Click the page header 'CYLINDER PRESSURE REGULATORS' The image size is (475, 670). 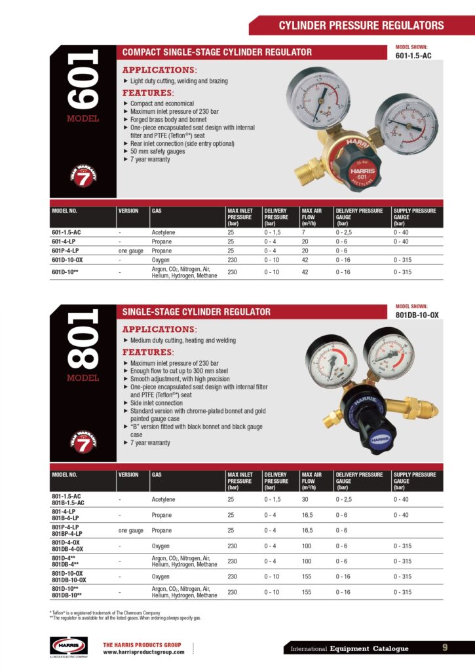[361, 26]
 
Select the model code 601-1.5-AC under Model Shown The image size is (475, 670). [413, 56]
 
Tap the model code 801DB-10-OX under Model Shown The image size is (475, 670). [417, 315]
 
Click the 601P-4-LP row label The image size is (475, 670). [66, 251]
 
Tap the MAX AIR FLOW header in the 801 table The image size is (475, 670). [311, 481]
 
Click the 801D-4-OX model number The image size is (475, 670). [66, 542]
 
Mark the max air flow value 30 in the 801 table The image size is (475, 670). [305, 499]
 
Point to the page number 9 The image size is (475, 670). [445, 648]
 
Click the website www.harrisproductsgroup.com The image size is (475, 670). [143, 652]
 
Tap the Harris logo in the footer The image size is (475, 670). [69, 645]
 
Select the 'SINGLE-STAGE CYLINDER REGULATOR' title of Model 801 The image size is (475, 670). [197, 311]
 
